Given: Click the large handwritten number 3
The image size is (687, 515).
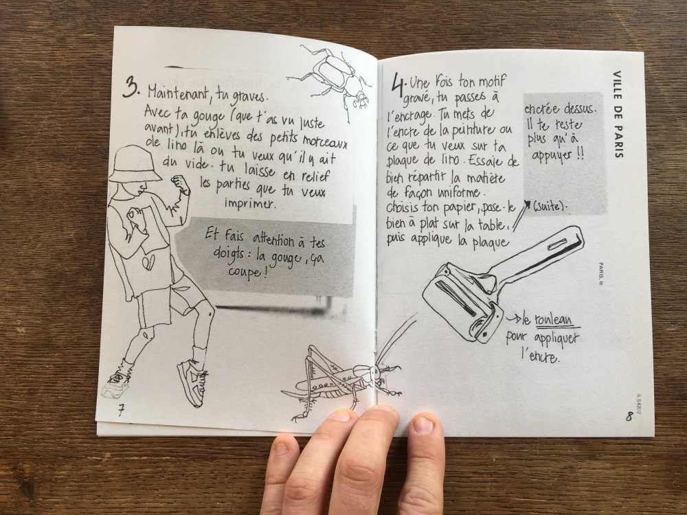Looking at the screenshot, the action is [x=131, y=87].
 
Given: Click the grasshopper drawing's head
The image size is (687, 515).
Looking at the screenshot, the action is [x=376, y=373].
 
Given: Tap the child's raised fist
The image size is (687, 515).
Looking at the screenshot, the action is [x=179, y=182].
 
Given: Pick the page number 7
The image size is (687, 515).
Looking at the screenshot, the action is [x=121, y=410].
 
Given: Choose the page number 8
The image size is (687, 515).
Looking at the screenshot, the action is [x=629, y=415].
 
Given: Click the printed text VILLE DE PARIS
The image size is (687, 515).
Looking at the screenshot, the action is [x=617, y=114].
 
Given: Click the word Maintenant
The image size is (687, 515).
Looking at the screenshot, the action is [x=180, y=93].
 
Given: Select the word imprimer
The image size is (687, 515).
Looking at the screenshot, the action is [x=250, y=203].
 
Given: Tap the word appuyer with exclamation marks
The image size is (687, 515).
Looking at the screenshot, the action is [x=557, y=155].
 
